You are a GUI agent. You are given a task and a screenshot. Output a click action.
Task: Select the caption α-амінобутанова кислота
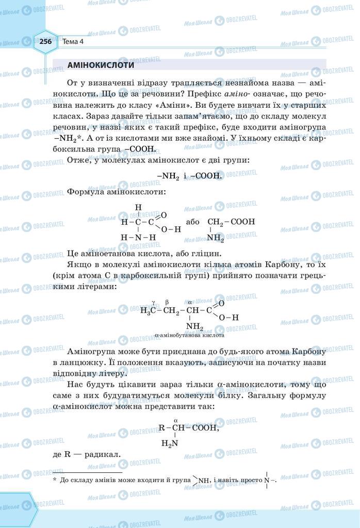point(189,335)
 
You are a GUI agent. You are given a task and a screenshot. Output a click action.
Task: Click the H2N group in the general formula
point(170,443)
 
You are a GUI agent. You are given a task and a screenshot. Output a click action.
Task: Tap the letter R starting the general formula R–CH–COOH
point(161,427)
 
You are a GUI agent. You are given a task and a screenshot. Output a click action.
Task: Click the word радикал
point(105,455)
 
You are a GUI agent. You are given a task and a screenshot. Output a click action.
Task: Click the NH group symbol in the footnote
point(204,481)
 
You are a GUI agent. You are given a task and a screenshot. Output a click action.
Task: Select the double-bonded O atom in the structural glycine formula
point(164,214)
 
